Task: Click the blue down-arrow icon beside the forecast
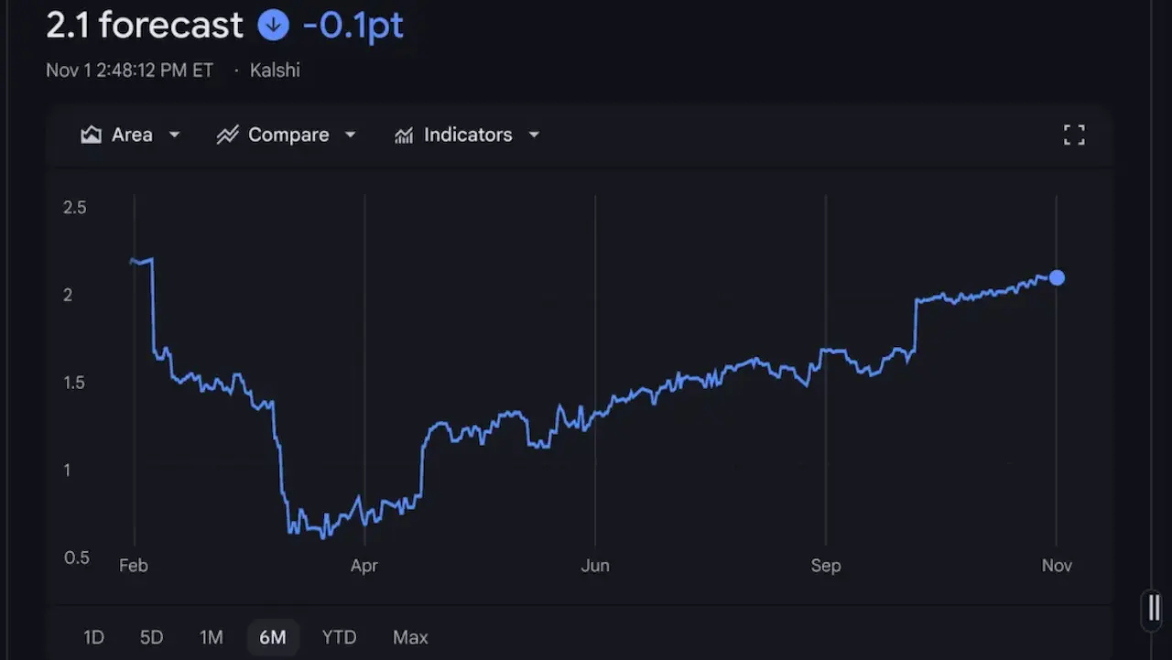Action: click(273, 25)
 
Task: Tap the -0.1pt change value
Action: click(353, 25)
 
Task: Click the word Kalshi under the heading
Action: click(275, 70)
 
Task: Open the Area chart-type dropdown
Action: click(131, 135)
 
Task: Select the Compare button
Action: click(287, 135)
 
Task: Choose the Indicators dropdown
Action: click(467, 135)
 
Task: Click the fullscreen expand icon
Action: click(1074, 135)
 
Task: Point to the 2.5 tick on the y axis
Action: click(74, 208)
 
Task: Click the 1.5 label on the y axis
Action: click(74, 383)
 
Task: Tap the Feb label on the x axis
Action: click(134, 566)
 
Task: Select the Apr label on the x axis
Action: click(364, 566)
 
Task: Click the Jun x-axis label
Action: click(595, 566)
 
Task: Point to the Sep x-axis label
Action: click(826, 566)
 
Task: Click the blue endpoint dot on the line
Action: click(1057, 277)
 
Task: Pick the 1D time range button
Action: click(93, 637)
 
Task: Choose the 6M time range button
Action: click(272, 637)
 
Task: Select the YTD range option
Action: click(339, 637)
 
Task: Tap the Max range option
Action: click(410, 637)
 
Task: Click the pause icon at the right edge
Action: click(1154, 608)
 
